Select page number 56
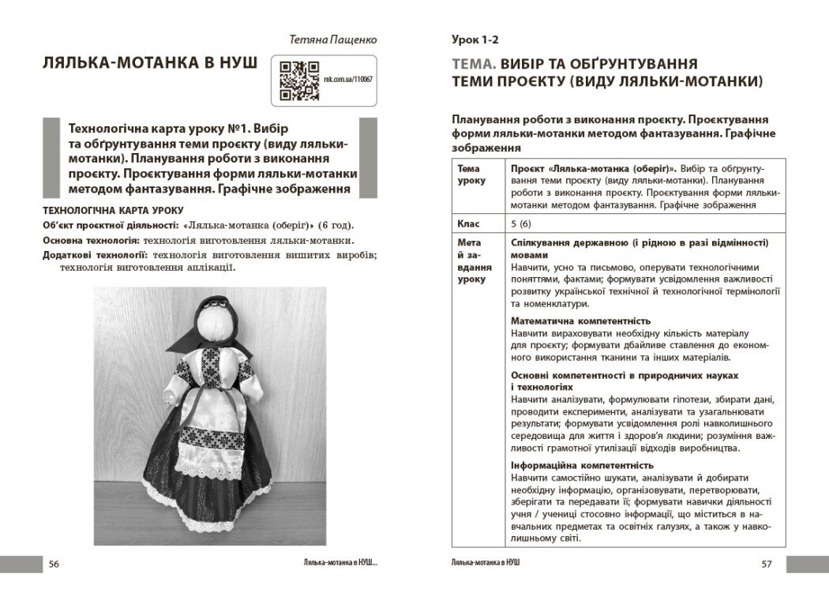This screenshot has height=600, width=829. click(54, 563)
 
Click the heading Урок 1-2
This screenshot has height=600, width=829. click(475, 39)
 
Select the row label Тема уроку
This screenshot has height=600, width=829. click(469, 174)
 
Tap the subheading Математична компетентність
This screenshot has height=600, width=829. click(580, 321)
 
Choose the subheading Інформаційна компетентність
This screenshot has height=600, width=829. click(582, 465)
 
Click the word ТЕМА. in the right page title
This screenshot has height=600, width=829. click(475, 63)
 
